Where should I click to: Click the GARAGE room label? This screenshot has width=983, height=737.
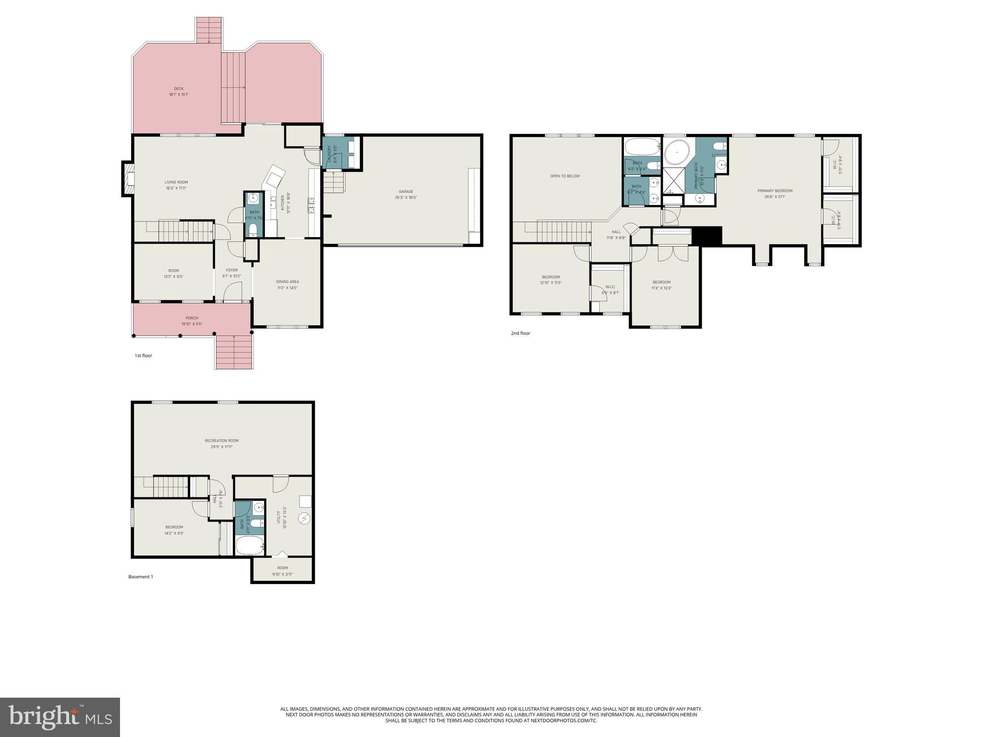tap(406, 192)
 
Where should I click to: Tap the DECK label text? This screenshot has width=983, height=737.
tap(179, 89)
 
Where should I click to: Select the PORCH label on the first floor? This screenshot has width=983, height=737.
tap(192, 318)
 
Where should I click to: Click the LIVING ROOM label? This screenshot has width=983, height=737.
tap(176, 182)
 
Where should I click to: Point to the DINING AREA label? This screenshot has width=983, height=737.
tap(288, 282)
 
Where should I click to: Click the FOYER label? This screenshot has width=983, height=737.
tap(232, 271)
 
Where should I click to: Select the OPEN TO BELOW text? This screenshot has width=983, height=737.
tap(565, 176)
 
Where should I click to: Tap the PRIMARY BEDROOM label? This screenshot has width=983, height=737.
tap(775, 191)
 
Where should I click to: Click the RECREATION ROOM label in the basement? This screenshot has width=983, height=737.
tap(222, 441)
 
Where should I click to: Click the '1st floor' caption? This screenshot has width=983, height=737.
tap(143, 356)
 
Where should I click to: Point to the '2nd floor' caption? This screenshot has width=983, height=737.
tap(520, 333)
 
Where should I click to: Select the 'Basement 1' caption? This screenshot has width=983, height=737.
tap(141, 577)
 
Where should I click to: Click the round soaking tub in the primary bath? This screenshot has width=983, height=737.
tap(677, 153)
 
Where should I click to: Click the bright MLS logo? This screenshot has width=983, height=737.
tap(60, 717)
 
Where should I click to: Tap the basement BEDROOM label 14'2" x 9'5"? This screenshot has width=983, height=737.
tap(174, 527)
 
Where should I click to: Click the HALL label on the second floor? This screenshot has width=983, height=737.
tap(616, 232)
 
